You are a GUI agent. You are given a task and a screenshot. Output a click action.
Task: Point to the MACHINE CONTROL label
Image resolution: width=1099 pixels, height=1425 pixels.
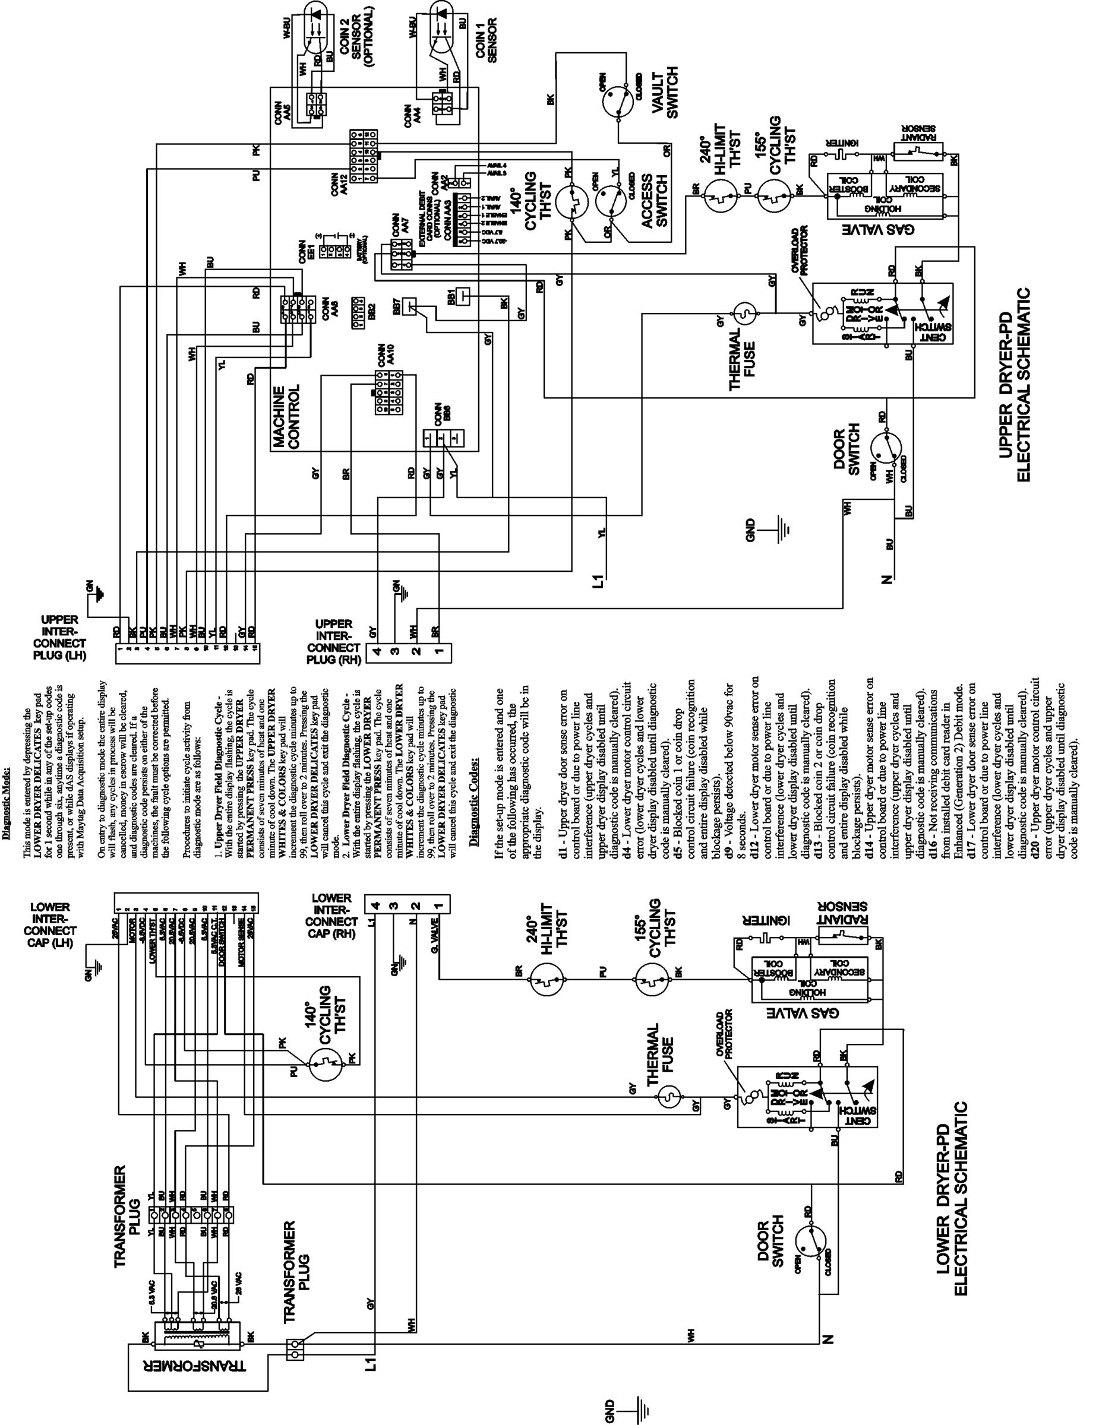pyautogui.click(x=286, y=416)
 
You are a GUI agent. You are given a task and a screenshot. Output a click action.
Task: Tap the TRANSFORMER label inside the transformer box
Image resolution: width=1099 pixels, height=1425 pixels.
pyautogui.click(x=198, y=1365)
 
